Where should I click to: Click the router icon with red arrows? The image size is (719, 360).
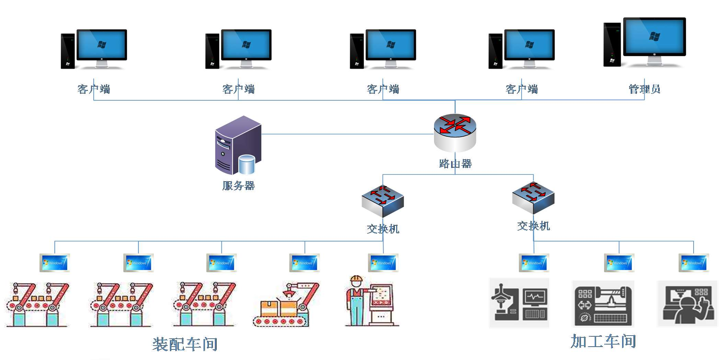tap(455, 132)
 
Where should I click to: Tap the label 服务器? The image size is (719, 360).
tap(238, 186)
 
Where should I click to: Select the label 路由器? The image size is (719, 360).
tap(455, 164)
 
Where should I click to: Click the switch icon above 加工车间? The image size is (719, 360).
tap(533, 198)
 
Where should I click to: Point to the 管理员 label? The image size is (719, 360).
tap(644, 89)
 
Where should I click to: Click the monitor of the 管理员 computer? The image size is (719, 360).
tap(654, 37)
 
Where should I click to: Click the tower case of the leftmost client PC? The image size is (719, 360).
tap(68, 51)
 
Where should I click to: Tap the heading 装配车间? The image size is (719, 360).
tap(185, 344)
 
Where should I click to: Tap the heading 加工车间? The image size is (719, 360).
tap(603, 341)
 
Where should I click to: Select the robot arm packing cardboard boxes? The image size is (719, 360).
tap(287, 304)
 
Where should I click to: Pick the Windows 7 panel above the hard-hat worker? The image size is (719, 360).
tap(383, 263)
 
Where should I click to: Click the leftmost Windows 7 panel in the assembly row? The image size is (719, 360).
tap(55, 263)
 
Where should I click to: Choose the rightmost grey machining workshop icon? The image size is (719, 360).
tap(687, 303)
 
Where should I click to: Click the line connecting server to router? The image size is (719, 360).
tap(347, 134)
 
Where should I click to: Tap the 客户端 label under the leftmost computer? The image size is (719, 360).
tap(94, 89)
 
